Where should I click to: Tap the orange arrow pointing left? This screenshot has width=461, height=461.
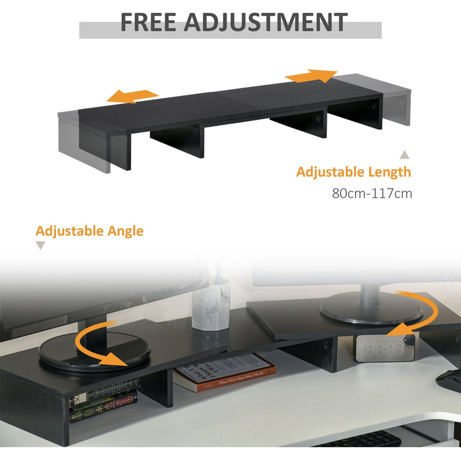133,96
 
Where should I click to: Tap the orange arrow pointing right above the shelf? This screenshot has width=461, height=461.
311,76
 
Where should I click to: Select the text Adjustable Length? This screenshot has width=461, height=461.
353,172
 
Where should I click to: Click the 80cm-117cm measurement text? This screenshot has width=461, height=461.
372,193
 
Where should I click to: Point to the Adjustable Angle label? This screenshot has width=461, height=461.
89,231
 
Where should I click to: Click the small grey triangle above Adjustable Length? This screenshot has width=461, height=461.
405,154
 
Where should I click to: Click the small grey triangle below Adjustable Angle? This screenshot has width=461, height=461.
40,246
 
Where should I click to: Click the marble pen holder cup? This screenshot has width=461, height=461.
210,305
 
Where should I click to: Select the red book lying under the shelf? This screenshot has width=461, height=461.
225,372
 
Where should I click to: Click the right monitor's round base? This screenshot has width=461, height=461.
369,308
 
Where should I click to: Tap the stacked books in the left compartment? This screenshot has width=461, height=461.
104,403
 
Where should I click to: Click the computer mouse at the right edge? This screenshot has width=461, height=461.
448,380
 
